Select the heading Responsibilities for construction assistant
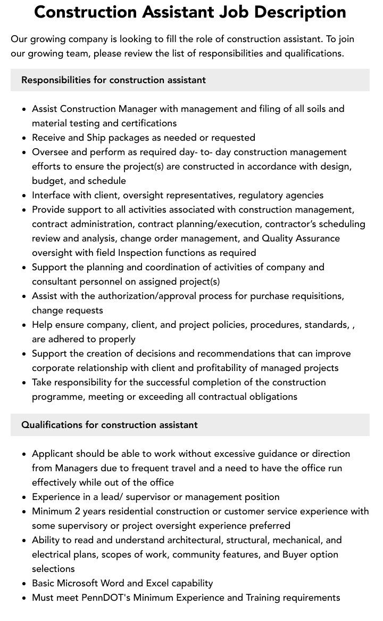click(113, 80)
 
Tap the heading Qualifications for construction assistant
click(109, 425)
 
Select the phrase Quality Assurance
click(301, 238)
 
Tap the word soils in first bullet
click(312, 109)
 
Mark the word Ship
click(96, 138)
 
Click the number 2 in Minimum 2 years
click(77, 511)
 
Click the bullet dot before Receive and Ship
click(24, 138)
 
